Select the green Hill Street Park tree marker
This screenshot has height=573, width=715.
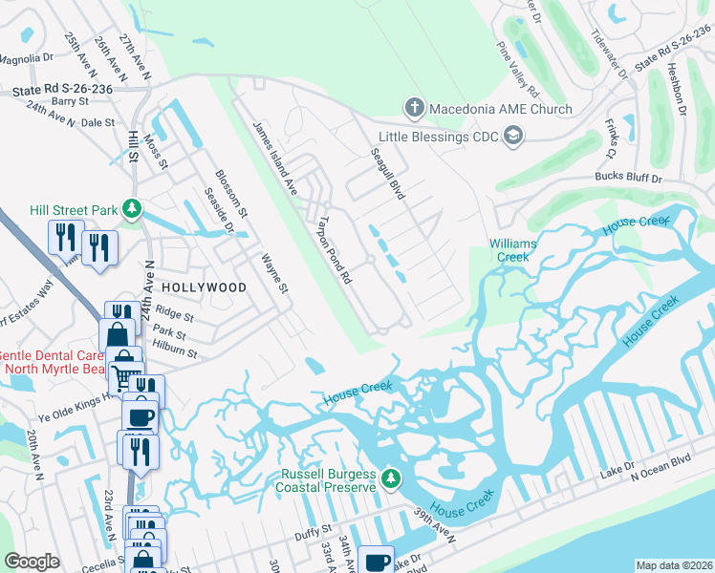(135, 209)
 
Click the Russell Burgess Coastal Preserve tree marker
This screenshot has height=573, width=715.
(390, 477)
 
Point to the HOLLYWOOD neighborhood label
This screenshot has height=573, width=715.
(204, 286)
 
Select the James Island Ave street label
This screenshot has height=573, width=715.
(275, 159)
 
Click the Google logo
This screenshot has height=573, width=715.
(32, 562)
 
